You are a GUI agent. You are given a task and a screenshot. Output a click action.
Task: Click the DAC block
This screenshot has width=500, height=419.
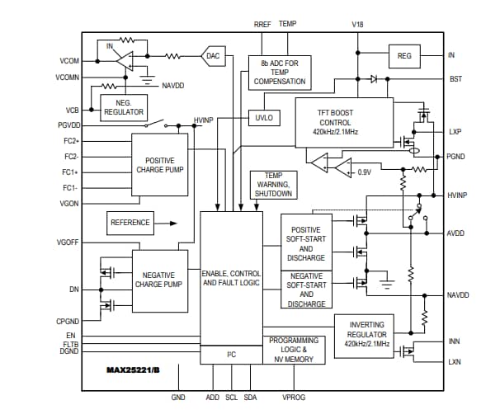pyautogui.click(x=213, y=56)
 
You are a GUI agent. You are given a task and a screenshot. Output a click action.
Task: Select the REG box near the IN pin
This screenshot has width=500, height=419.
pyautogui.click(x=404, y=55)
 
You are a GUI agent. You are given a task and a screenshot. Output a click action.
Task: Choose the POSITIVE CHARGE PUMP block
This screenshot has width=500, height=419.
pyautogui.click(x=159, y=165)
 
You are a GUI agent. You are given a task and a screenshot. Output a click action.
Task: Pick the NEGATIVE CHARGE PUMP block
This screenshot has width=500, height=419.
pyautogui.click(x=159, y=280)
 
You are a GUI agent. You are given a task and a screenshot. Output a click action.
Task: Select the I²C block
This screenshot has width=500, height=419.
pyautogui.click(x=231, y=355)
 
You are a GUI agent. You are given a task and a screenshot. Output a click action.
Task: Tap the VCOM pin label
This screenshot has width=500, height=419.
pyautogui.click(x=68, y=61)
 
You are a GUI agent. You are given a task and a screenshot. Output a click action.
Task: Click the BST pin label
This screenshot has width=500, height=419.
pyautogui.click(x=455, y=79)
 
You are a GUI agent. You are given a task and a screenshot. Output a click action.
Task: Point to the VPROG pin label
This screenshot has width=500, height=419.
pyautogui.click(x=294, y=398)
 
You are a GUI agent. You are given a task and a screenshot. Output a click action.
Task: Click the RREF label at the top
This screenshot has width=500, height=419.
pyautogui.click(x=262, y=25)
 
